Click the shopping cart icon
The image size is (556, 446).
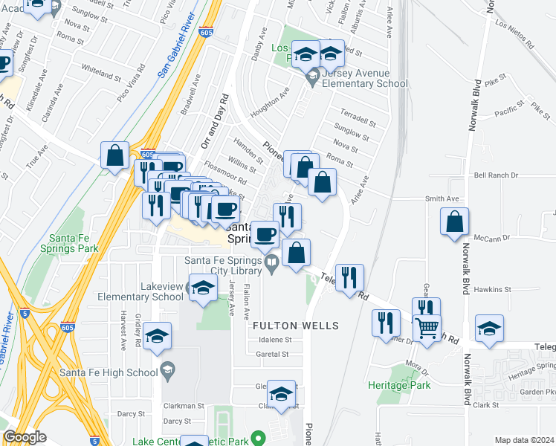[427, 326]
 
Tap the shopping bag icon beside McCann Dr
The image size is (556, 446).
[455, 222]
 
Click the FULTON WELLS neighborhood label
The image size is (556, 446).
[296, 326]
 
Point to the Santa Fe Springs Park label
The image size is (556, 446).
[74, 244]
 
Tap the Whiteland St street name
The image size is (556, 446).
[101, 75]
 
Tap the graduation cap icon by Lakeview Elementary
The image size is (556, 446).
[201, 288]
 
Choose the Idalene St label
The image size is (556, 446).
[274, 340]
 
